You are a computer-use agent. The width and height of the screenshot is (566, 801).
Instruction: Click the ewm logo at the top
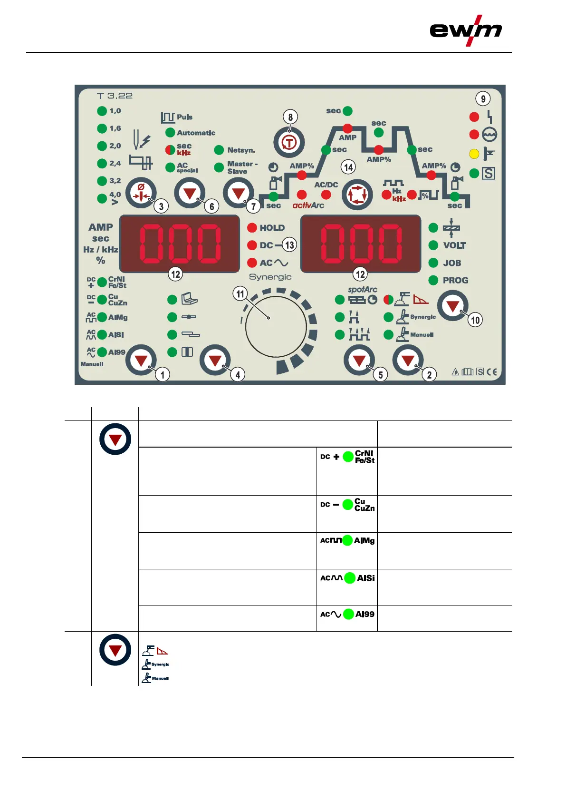point(466,30)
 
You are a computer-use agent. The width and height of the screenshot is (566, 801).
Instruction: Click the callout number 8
point(290,117)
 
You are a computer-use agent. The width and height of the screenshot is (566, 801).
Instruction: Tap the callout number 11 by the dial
point(240,294)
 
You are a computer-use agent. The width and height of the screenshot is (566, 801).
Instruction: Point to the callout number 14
point(348,167)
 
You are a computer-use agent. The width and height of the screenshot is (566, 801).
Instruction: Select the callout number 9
point(483,99)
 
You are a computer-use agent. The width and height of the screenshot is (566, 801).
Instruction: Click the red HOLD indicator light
point(252,228)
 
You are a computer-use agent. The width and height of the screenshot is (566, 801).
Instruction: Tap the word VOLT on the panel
point(454,245)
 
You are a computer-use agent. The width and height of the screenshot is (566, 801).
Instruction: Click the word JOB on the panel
point(452,263)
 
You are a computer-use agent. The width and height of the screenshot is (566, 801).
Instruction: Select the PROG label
point(455,280)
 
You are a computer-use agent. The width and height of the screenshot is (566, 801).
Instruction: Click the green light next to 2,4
point(102,163)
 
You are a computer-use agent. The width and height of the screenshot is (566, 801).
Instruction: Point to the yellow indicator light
point(474,154)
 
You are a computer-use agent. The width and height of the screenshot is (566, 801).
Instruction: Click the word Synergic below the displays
point(270,277)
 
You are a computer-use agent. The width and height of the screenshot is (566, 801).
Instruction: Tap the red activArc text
point(308,205)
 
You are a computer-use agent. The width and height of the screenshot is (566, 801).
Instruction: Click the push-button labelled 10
point(452,306)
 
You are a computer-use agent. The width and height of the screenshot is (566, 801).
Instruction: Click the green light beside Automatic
point(170,133)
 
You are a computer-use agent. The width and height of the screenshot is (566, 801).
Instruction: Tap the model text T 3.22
point(115,96)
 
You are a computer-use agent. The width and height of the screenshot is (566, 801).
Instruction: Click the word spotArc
point(362,289)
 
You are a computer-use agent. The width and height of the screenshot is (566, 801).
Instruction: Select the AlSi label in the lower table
point(366,578)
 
